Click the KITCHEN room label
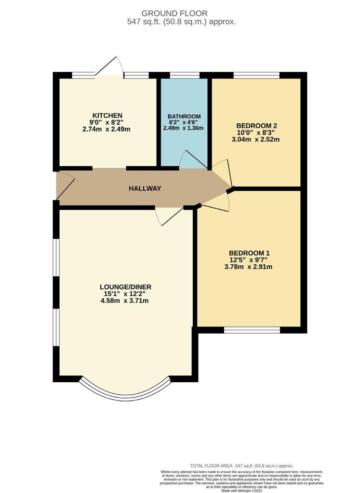click(x=107, y=116)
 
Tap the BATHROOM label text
click(x=184, y=117)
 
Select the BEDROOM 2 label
click(x=256, y=126)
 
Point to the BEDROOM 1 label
click(x=249, y=253)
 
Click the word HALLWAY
click(x=145, y=188)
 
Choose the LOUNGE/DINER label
click(x=126, y=287)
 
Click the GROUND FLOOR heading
click(x=174, y=13)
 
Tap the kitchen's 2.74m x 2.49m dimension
click(x=107, y=129)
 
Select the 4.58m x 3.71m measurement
click(x=125, y=301)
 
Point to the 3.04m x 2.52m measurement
click(x=255, y=139)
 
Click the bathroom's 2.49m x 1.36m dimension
click(x=183, y=128)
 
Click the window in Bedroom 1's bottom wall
click(x=252, y=330)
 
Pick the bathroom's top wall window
click(x=185, y=75)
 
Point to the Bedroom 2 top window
click(x=256, y=75)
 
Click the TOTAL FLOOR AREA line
click(x=241, y=466)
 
